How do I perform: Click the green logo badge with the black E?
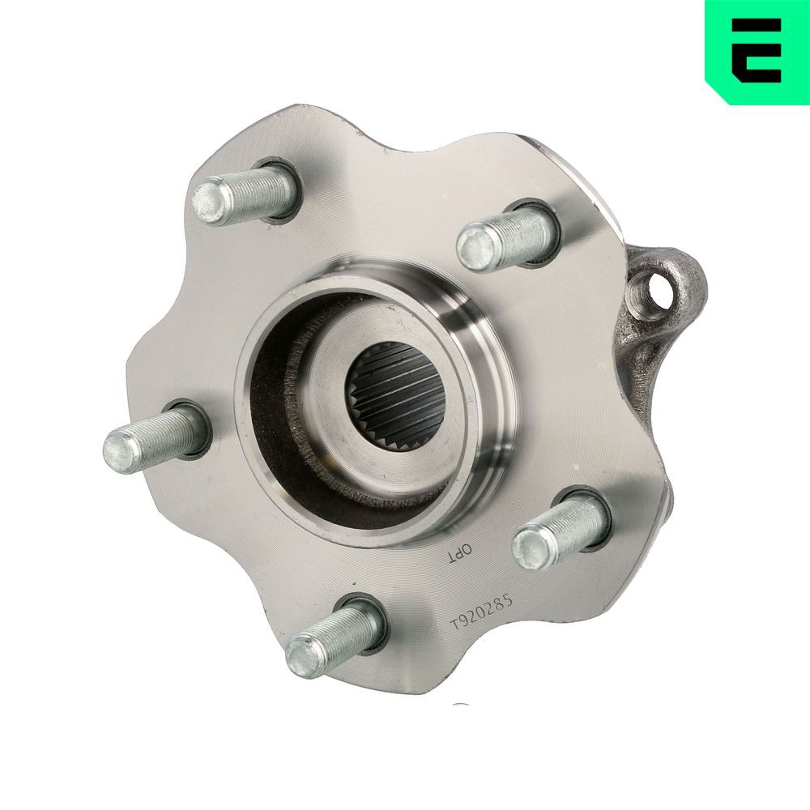point(757,52)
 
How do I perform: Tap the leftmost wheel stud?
point(158,438)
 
